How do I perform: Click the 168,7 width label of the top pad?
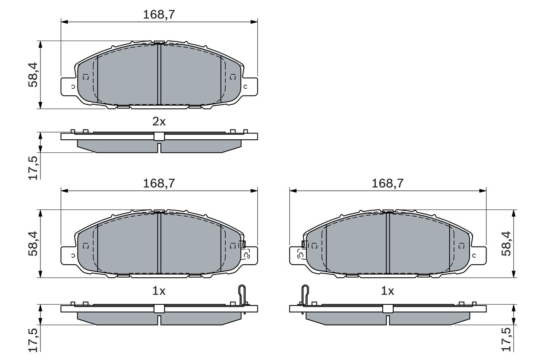click(159, 14)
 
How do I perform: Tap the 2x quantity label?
click(159, 122)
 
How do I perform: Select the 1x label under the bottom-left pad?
click(159, 291)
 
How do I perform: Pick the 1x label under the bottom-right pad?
click(387, 291)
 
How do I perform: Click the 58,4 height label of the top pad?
click(33, 75)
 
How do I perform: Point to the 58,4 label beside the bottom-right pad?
click(506, 244)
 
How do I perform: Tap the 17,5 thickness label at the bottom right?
click(506, 339)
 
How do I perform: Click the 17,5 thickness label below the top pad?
click(33, 168)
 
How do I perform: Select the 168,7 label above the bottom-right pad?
click(387, 183)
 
